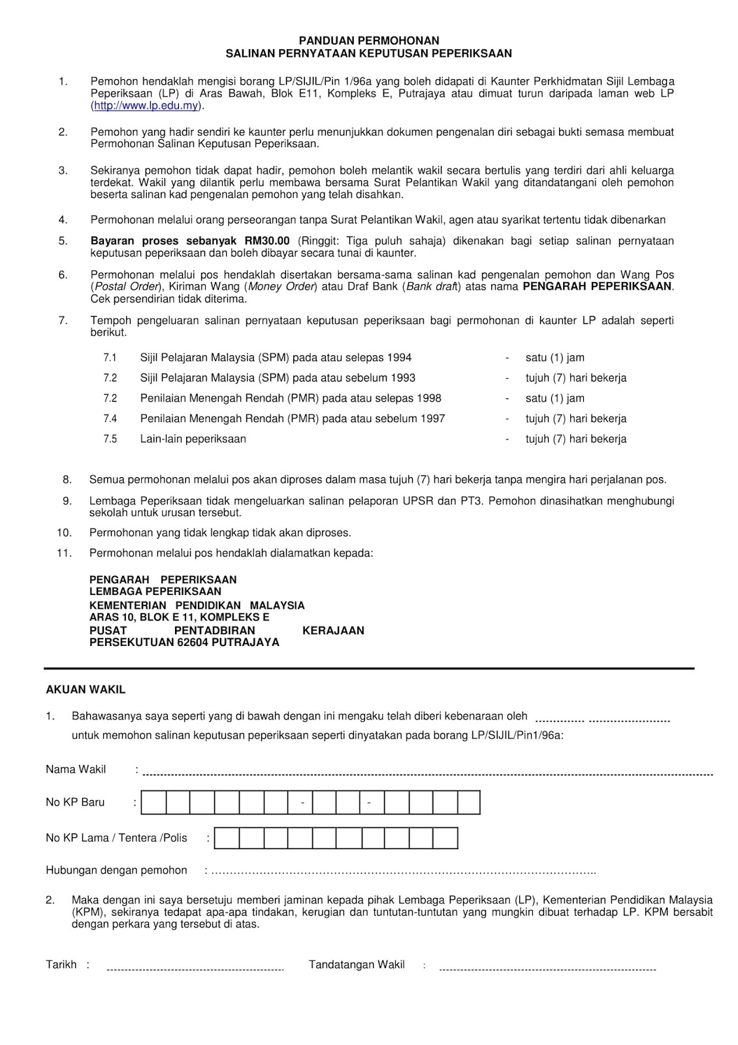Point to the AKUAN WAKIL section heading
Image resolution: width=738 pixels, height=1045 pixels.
pyautogui.click(x=86, y=689)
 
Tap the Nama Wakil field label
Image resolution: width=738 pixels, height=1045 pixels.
pyautogui.click(x=76, y=769)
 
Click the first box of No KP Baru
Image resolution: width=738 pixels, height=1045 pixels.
pyautogui.click(x=153, y=802)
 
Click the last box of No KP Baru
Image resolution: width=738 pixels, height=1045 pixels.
pyautogui.click(x=469, y=802)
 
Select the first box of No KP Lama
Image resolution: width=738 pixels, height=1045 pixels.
pyautogui.click(x=227, y=838)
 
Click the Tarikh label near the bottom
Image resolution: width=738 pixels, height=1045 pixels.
pyautogui.click(x=61, y=965)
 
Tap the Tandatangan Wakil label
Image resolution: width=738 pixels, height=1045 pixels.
pyautogui.click(x=357, y=965)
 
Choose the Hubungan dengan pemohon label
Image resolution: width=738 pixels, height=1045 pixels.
pyautogui.click(x=116, y=870)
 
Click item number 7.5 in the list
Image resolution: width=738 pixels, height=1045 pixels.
pyautogui.click(x=110, y=439)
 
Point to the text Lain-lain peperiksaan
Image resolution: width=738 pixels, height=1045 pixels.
pyautogui.click(x=193, y=439)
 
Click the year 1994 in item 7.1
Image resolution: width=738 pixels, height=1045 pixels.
pyautogui.click(x=399, y=357)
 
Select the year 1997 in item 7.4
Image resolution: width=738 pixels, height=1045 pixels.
pyautogui.click(x=432, y=419)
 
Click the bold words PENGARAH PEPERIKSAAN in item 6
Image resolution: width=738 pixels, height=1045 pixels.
pyautogui.click(x=598, y=286)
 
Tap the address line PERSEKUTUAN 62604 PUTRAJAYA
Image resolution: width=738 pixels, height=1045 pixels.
pyautogui.click(x=184, y=642)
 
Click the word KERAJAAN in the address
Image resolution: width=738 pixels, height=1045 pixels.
pyautogui.click(x=333, y=630)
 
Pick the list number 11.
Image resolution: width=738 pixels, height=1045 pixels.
pyautogui.click(x=64, y=553)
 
